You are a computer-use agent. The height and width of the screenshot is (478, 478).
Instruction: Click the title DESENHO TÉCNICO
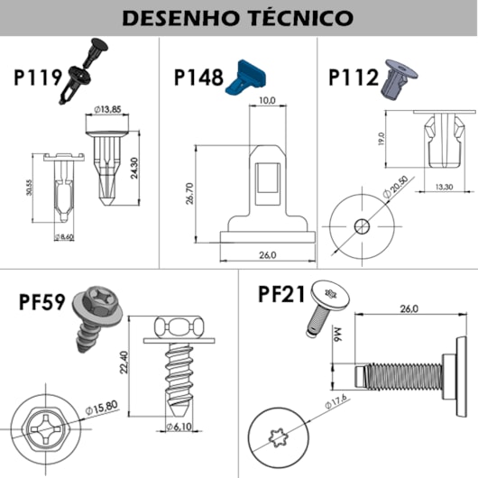pos(239,17)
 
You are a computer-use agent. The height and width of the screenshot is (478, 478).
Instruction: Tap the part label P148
pos(198,78)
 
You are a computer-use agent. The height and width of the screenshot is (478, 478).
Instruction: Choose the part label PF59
pos(42,300)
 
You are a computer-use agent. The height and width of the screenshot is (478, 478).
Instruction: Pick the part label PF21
pos(280,295)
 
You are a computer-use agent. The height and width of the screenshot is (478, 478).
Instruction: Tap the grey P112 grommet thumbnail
pos(396,78)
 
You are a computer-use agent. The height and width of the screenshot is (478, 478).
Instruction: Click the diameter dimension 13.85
pos(111,110)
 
